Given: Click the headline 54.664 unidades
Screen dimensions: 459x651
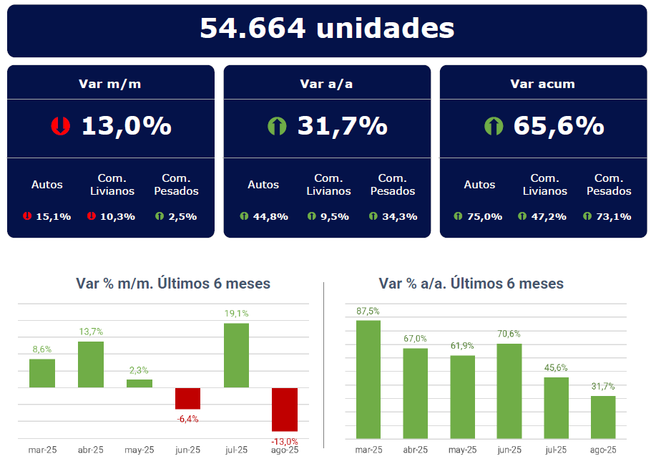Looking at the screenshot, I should pos(327,29).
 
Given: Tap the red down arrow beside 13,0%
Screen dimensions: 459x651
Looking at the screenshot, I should pos(60,127).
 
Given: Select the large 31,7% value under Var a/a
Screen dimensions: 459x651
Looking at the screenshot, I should pos(342,126).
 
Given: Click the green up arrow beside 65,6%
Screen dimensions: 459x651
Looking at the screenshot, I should pos(494,127).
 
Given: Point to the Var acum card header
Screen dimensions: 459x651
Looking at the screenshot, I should pos(542,84).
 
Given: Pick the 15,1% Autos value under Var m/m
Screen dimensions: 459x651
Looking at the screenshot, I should pos(54,216).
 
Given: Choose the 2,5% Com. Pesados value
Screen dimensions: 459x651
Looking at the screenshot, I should pos(182,216).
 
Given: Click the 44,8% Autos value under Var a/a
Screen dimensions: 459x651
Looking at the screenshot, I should pos(270,216).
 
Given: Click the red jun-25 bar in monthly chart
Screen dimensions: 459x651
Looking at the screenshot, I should pos(187,398).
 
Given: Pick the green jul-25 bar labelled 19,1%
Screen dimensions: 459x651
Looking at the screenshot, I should pos(236,355).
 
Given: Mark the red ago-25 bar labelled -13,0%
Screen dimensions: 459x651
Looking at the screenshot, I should pos(285,410).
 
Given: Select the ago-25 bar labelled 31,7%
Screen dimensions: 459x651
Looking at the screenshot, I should pos(603,417).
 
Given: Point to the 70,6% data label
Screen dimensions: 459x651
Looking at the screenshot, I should pos(509,334).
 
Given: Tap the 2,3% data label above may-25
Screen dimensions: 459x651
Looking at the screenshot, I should pos(139,370).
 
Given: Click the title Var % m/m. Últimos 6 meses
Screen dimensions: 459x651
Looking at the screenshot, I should pos(173,284).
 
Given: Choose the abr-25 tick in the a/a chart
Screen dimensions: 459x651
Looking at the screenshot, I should pos(415,450).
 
